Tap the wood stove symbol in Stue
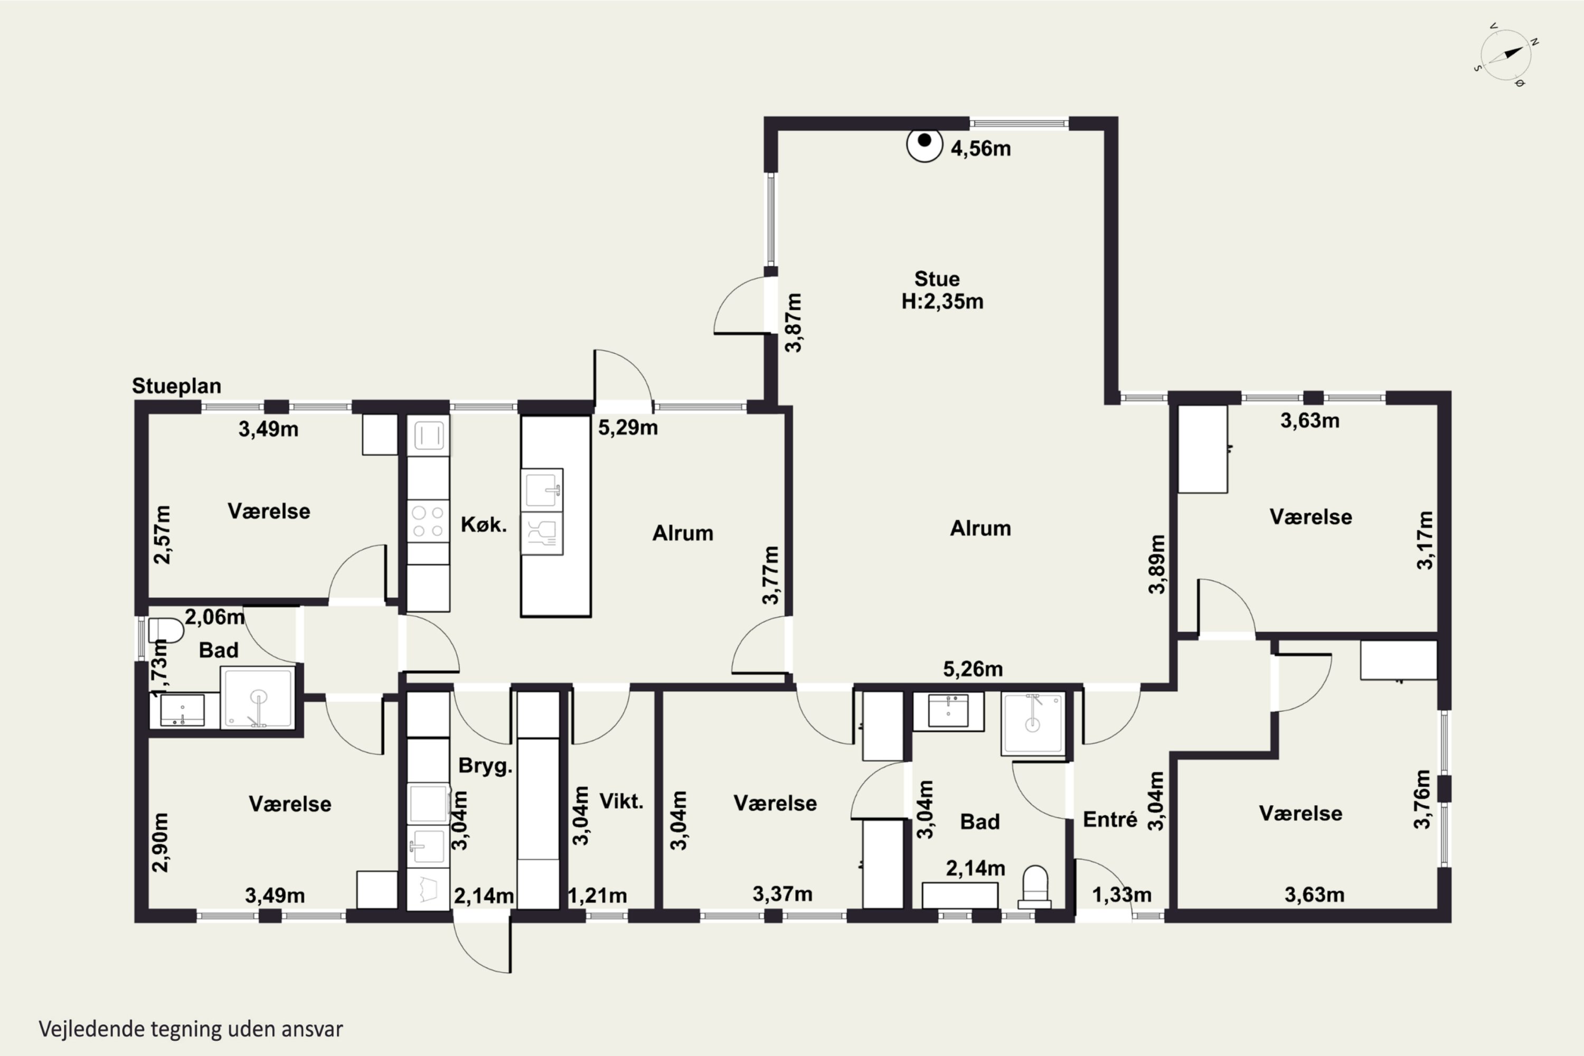coord(924,145)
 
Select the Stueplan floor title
coord(176,386)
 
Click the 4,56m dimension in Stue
coord(980,148)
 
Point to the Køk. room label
coord(484,525)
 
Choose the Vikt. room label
coord(621,801)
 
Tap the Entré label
coord(1110,819)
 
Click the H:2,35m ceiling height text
coord(942,301)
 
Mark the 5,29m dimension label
coord(628,427)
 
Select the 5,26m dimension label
coord(973,669)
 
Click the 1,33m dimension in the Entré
coord(1121,894)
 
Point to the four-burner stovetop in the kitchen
coord(428,521)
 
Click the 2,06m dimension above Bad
coord(215,616)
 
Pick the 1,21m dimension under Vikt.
coord(597,895)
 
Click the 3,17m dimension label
coord(1425,540)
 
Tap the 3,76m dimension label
coord(1422,799)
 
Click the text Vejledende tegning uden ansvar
coord(191,1029)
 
